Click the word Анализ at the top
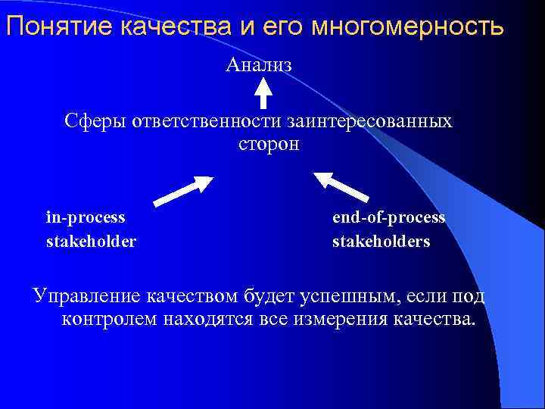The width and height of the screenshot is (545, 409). tap(259, 66)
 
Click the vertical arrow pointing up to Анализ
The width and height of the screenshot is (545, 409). tap(263, 94)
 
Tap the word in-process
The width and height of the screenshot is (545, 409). tap(86, 217)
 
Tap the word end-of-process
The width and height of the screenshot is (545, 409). tap(388, 217)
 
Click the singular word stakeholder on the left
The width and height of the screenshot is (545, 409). tap(91, 242)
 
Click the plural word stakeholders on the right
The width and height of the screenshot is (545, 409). tap(381, 242)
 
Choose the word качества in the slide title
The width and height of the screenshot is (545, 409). tap(167, 27)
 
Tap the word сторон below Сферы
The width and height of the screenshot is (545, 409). tap(263, 144)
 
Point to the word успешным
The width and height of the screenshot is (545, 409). tap(357, 295)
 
